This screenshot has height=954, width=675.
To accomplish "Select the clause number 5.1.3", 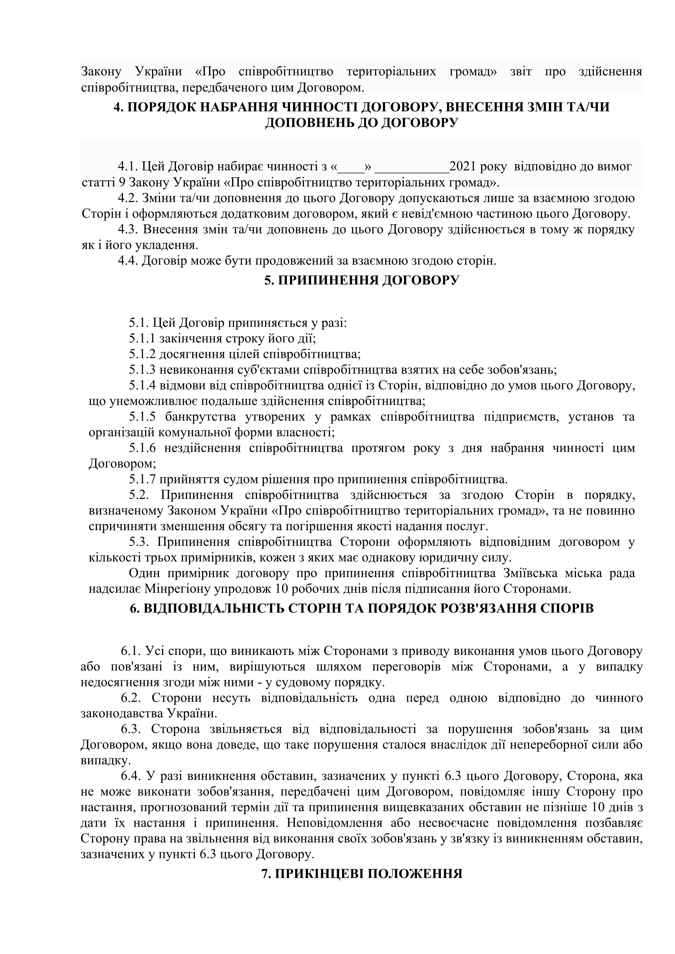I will (142, 369).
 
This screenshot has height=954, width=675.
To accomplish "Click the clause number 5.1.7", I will (142, 479).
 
